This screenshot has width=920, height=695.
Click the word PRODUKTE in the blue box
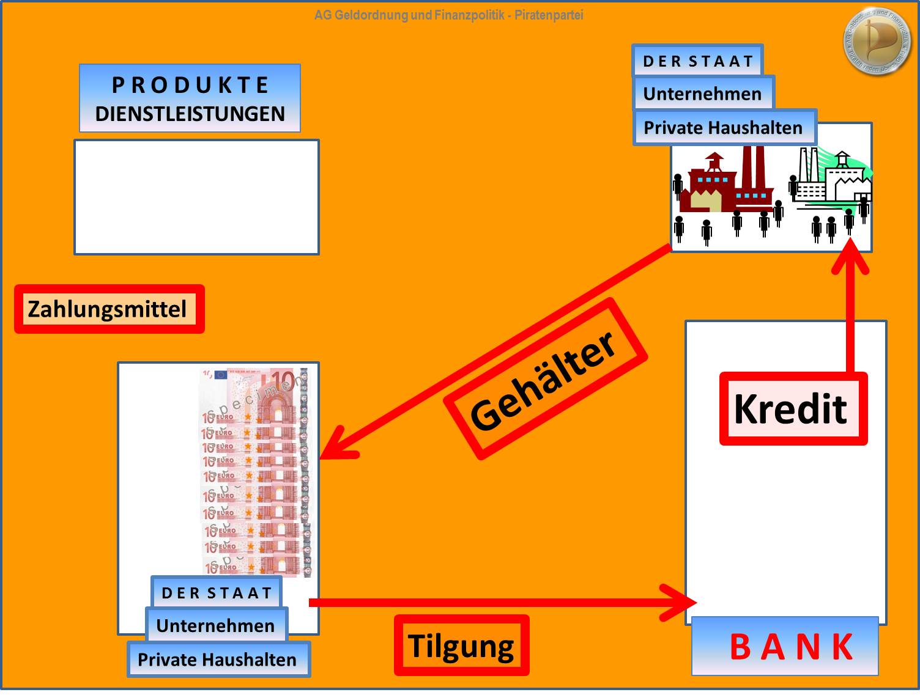click(x=190, y=85)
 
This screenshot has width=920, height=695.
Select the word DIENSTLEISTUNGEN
click(x=190, y=114)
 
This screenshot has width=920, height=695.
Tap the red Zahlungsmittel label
click(x=108, y=309)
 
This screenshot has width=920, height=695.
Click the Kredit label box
click(x=793, y=408)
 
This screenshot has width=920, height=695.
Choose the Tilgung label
click(x=461, y=646)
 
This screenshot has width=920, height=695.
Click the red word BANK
click(x=792, y=647)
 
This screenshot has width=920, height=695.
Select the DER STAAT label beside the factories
click(x=698, y=61)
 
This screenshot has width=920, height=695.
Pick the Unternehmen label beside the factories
click(x=703, y=94)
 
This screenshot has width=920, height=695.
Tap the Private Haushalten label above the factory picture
click(x=724, y=127)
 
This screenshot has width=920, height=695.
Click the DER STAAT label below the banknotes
click(x=217, y=593)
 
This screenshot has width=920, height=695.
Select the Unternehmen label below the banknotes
click(x=216, y=625)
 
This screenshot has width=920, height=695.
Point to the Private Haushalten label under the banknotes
click(x=217, y=660)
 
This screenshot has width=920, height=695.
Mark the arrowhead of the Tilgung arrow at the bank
click(x=684, y=603)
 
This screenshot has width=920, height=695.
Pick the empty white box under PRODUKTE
click(x=196, y=197)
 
